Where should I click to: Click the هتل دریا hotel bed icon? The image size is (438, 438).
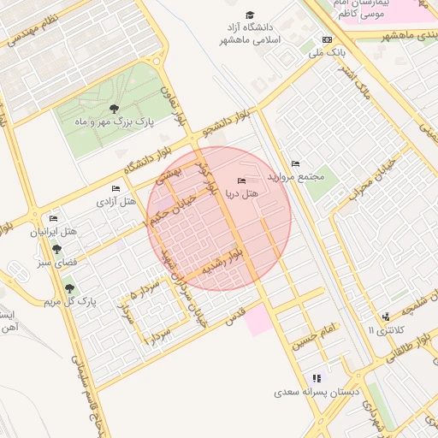(241, 180)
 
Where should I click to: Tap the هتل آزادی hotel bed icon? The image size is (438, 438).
(115, 188)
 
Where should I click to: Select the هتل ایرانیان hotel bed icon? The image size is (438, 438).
(54, 218)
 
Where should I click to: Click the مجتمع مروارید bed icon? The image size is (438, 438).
(295, 163)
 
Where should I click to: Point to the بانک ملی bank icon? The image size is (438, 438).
(327, 39)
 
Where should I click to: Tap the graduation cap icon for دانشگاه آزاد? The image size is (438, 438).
(250, 15)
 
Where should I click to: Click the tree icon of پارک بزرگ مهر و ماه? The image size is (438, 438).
(114, 109)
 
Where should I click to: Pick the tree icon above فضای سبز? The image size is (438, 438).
(56, 250)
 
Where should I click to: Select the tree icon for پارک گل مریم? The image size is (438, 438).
(69, 288)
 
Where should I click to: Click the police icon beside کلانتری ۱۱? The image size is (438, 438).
(387, 317)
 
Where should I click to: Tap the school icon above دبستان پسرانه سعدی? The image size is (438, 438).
(317, 378)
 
